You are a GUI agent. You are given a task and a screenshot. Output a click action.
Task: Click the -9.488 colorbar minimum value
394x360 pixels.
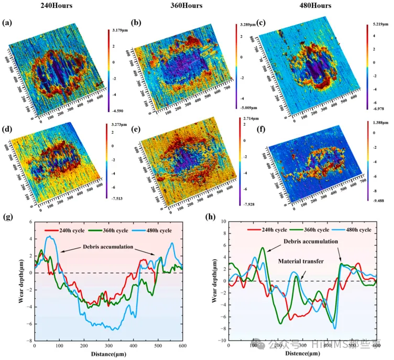[x=374, y=200]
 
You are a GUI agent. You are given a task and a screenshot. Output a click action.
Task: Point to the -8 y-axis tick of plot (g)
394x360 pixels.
[x=29, y=340]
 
